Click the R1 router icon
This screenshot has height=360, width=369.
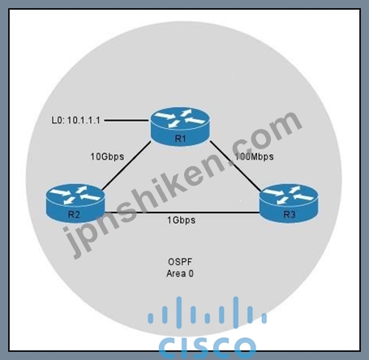(x=180, y=126)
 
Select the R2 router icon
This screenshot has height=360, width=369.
(x=75, y=203)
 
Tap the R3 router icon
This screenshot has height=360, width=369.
(x=289, y=203)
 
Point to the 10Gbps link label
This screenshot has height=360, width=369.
(x=107, y=156)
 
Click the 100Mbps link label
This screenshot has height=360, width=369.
(x=254, y=156)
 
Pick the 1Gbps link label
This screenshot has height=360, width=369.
(x=181, y=220)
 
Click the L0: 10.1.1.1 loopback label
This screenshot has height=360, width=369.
(x=76, y=120)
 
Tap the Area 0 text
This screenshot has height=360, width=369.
(x=180, y=273)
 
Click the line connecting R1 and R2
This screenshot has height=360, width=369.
(x=127, y=165)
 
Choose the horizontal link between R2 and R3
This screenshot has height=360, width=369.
(x=182, y=212)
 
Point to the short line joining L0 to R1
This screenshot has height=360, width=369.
(x=127, y=120)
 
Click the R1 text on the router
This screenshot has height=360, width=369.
(x=180, y=139)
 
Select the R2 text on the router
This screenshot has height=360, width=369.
(x=74, y=215)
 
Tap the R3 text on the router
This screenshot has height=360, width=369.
(x=290, y=215)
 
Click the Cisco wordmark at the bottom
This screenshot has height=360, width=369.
(x=207, y=348)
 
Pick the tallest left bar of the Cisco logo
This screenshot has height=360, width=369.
(x=179, y=312)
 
